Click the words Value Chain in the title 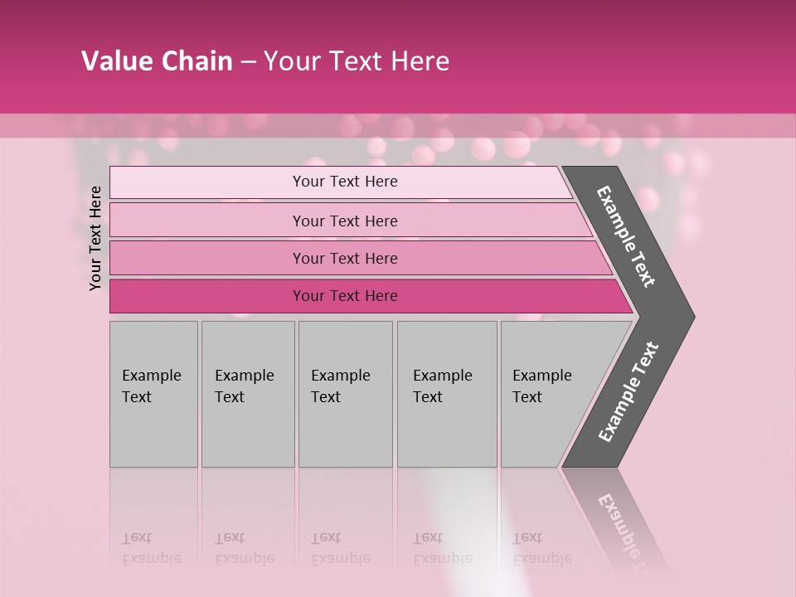[x=157, y=61]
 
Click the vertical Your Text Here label [x=95, y=238]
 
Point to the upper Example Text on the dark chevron [x=626, y=236]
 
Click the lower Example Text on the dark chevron [x=628, y=392]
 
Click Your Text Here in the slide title [x=357, y=61]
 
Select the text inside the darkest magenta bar [x=345, y=296]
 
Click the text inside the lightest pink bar [x=345, y=182]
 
